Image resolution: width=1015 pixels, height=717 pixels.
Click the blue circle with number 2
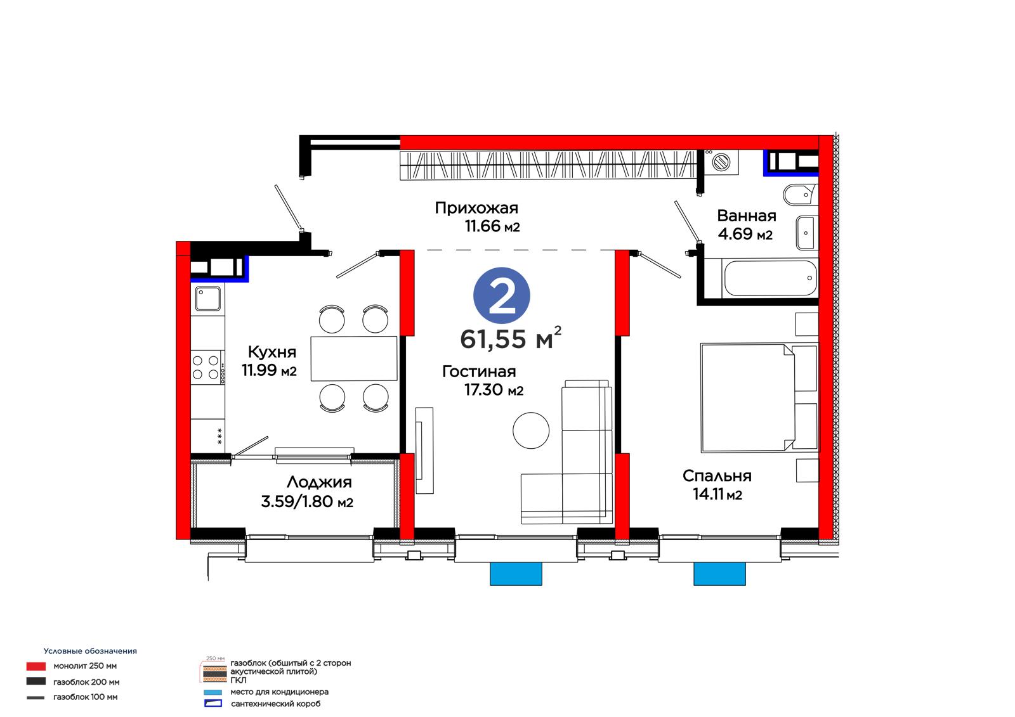pos(501,295)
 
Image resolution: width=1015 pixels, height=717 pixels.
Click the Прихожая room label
pos(476,208)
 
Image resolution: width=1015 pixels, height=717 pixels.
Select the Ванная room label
pos(746,216)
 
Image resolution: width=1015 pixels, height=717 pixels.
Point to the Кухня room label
pos(272,352)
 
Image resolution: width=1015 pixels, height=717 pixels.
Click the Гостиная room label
pos(479,371)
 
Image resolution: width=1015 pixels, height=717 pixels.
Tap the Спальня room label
pos(717,475)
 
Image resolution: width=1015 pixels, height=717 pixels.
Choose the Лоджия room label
pos(319,482)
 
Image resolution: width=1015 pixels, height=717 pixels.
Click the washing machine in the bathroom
pos(721,162)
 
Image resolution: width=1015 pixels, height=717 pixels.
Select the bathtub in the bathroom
pos(770,278)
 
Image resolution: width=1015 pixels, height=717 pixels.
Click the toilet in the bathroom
pos(800,195)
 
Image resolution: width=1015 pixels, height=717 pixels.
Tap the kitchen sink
pos(208,299)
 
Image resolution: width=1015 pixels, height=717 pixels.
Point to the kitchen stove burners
pos(206,367)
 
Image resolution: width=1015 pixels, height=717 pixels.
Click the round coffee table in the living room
pos(530,430)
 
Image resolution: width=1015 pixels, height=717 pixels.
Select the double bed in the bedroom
pos(760,398)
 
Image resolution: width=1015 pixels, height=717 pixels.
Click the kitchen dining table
pos(353,358)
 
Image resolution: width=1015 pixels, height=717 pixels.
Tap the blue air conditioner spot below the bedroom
pos(719,574)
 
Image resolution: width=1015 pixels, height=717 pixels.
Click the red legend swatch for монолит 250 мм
pos(36,666)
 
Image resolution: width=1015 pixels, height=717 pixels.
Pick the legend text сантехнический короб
pos(275,704)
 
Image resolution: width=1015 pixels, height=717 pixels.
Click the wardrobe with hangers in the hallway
pos(547,165)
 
